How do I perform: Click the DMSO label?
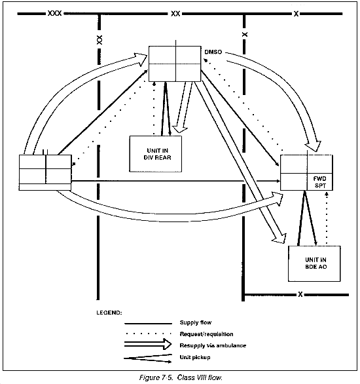point(213,52)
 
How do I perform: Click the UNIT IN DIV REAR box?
point(156,154)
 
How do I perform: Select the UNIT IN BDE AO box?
point(314,263)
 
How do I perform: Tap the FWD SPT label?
point(320,182)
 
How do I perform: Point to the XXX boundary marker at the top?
point(54,13)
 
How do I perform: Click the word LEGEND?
point(109,313)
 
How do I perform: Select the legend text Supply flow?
point(196,322)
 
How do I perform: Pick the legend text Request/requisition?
point(206,334)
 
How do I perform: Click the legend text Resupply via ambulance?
point(213,345)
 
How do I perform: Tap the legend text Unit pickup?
point(195,357)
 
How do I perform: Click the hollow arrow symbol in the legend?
point(148,344)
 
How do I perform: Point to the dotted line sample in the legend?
point(148,334)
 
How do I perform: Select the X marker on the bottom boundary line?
point(300,294)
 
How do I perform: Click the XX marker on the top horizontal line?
point(175,14)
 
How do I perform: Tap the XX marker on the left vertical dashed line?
point(99,40)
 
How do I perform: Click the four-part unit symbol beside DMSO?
point(175,64)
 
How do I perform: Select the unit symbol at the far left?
point(45,172)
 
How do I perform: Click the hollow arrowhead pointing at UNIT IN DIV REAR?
point(179,129)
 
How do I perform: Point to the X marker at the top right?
point(296,14)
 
